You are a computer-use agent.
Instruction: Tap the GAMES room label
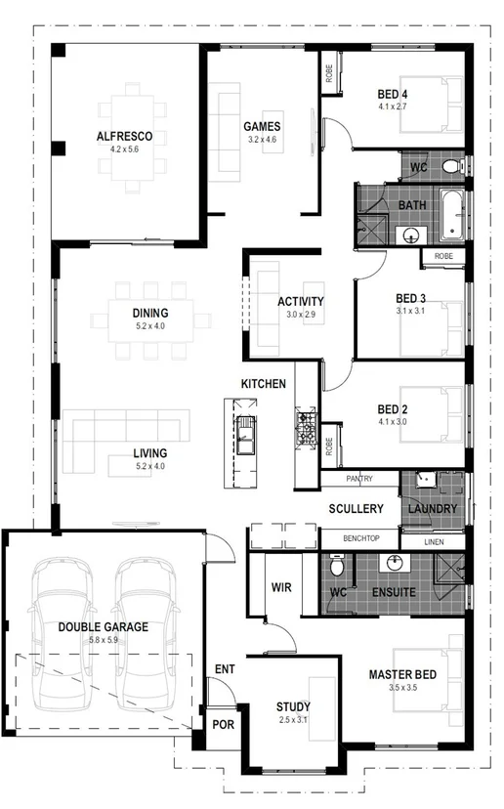tap(262, 126)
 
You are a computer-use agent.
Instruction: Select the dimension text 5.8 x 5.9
tap(103, 641)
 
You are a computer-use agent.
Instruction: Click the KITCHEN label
tap(264, 384)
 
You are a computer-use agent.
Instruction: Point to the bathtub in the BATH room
tap(451, 216)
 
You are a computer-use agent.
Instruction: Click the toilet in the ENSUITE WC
tap(337, 566)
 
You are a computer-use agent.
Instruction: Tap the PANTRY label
tap(359, 480)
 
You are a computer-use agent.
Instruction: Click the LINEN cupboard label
tap(435, 541)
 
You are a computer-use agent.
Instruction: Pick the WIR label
tap(281, 587)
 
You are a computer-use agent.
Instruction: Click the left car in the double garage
tap(60, 635)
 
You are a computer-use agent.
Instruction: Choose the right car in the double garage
tap(147, 635)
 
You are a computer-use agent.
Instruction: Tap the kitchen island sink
tap(246, 436)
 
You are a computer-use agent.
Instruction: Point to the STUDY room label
tap(293, 706)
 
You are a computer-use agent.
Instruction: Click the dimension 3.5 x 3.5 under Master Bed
tap(401, 689)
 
